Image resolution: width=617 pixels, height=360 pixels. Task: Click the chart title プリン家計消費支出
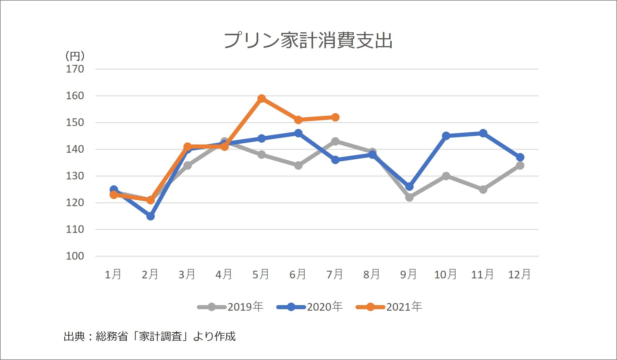[x=308, y=40]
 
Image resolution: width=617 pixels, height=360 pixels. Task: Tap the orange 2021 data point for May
[x=261, y=98]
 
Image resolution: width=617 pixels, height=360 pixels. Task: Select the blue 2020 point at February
[x=150, y=216]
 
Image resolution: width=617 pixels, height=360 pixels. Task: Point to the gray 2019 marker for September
[x=409, y=197]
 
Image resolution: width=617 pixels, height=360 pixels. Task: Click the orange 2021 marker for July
[x=335, y=117]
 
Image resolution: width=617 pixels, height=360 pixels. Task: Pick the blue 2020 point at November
[x=483, y=133]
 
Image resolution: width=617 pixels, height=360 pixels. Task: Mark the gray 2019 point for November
[x=483, y=189]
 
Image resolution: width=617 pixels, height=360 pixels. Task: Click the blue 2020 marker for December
[x=520, y=157]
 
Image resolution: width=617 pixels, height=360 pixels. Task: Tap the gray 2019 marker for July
[x=335, y=141]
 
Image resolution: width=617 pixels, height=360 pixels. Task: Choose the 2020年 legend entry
[x=310, y=307]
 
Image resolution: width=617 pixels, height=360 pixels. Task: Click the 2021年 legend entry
[x=389, y=307]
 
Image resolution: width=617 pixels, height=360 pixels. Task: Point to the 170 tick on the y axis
[x=75, y=69]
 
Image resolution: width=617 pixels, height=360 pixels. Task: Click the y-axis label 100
[x=75, y=256]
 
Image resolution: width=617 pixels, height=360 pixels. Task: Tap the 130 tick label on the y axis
[x=75, y=176]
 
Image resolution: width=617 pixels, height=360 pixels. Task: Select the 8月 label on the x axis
[x=372, y=275]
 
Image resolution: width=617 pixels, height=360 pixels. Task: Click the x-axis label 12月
[x=519, y=275]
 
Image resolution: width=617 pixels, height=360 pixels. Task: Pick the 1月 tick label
[x=113, y=275]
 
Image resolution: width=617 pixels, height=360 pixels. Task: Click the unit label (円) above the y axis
[x=75, y=56]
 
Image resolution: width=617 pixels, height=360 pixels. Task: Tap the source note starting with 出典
[x=150, y=336]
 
